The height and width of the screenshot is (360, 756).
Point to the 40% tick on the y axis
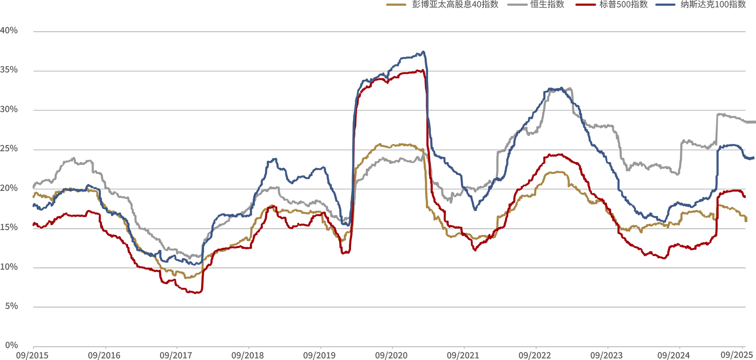[x=9, y=31]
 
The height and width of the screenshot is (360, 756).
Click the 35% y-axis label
[x=9, y=70]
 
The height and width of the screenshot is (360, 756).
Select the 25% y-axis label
[x=9, y=149]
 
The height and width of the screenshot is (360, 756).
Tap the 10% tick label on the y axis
[x=9, y=267]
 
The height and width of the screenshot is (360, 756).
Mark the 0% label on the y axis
[x=11, y=345]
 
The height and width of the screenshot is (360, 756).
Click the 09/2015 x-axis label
[x=32, y=355]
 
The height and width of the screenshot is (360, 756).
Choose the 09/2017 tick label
[x=176, y=355]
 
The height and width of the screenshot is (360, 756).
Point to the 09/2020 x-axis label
[x=391, y=355]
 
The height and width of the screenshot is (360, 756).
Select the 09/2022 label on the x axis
[x=535, y=355]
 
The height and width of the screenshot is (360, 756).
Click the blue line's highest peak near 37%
[x=423, y=51]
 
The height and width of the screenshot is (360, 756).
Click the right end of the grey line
[x=754, y=122]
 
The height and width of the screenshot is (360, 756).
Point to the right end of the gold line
[x=746, y=220]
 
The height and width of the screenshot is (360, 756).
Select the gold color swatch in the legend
[x=396, y=5]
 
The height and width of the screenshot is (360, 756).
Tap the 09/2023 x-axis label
[x=607, y=355]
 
